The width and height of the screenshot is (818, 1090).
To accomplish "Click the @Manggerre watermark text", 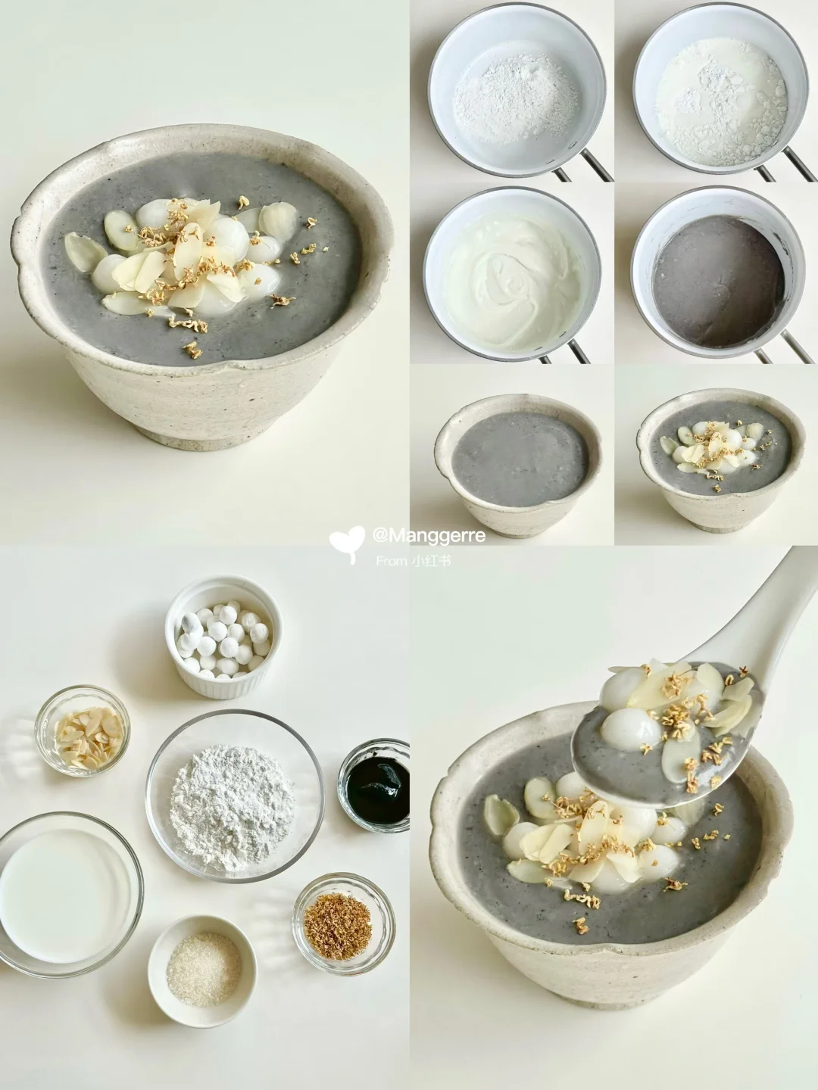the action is point(429,536).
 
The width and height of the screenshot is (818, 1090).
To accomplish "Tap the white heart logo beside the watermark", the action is point(347,542).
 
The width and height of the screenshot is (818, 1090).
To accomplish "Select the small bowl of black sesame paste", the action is point(373,785).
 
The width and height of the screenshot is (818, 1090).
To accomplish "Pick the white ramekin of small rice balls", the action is point(223,637).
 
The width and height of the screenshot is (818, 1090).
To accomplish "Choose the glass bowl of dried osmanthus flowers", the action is point(344,925).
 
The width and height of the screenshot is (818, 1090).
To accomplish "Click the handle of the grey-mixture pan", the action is point(790,347).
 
